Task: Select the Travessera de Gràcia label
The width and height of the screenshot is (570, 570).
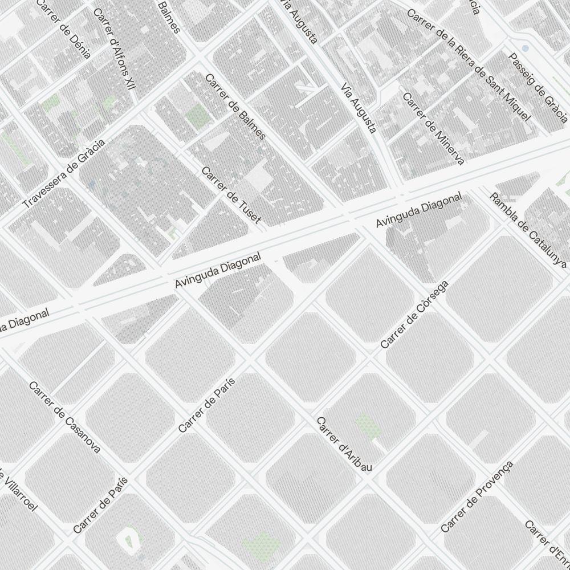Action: click(x=64, y=173)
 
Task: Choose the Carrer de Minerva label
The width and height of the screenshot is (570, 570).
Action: click(x=433, y=128)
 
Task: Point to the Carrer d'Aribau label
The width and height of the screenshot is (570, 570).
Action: click(x=344, y=444)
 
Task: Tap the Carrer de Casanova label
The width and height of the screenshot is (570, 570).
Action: click(x=65, y=417)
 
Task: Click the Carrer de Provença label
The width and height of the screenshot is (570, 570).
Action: click(x=477, y=496)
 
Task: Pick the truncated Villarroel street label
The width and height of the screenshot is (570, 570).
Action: click(x=17, y=490)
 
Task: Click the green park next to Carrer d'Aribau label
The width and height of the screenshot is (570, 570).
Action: click(x=367, y=426)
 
